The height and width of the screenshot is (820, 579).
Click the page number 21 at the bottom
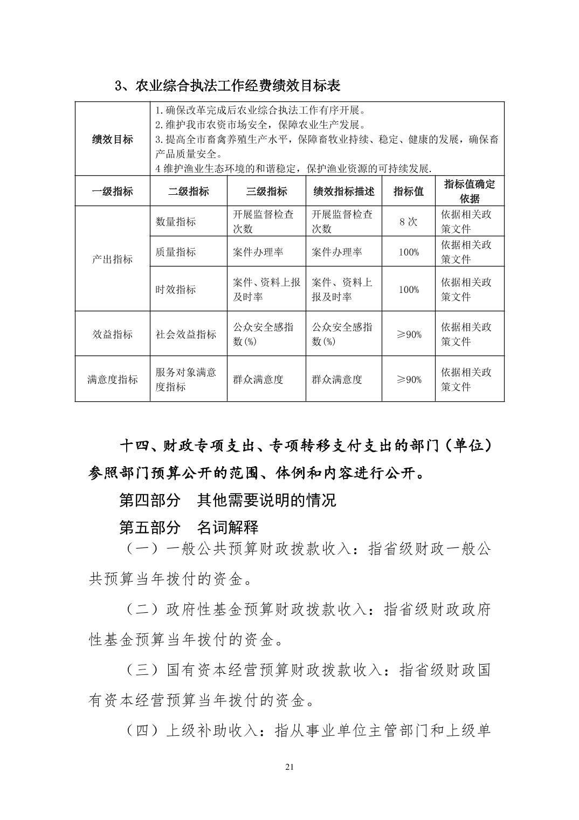(289, 767)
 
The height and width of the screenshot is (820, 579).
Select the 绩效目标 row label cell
(112, 139)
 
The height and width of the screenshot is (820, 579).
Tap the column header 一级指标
(112, 191)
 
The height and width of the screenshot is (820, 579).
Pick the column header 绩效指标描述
(343, 191)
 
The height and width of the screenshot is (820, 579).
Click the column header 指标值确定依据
(469, 191)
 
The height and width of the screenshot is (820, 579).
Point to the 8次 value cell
(408, 221)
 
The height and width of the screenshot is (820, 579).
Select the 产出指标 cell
(112, 259)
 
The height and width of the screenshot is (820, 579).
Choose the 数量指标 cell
(176, 221)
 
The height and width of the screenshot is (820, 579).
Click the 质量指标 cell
(176, 251)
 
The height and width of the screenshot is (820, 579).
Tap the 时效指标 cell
(176, 289)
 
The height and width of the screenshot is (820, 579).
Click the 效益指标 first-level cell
(112, 334)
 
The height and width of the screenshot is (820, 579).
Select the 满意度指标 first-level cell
(112, 379)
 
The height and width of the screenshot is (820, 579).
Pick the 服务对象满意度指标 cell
(186, 379)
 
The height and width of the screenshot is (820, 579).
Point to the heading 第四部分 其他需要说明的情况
(227, 500)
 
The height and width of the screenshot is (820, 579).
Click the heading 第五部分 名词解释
(189, 527)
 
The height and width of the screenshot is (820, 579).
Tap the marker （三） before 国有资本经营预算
(143, 670)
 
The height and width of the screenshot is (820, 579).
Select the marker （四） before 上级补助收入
(143, 731)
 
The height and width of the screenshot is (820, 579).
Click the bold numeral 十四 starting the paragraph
(133, 447)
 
